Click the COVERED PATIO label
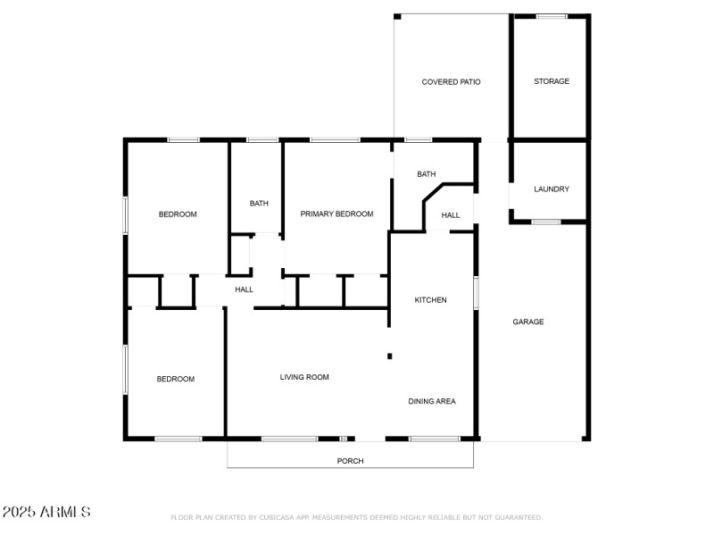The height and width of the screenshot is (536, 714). [451, 82]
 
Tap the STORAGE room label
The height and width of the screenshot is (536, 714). [552, 81]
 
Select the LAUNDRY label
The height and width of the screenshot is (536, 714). [552, 189]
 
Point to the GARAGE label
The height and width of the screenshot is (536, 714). [528, 322]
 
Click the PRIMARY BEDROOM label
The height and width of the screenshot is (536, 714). [336, 214]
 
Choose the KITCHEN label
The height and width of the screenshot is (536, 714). [430, 300]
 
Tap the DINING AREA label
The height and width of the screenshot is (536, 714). [432, 402]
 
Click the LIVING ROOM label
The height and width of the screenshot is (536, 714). [304, 377]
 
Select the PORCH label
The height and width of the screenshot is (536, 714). [350, 461]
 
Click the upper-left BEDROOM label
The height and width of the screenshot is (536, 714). [178, 214]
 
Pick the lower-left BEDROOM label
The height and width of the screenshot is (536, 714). [176, 380]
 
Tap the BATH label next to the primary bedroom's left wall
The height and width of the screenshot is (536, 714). [259, 204]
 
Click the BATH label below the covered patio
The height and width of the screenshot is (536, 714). [427, 174]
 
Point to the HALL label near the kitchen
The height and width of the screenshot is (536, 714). [451, 215]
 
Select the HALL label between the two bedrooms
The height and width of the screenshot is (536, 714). [244, 289]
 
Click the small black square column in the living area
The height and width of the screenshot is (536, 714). [389, 356]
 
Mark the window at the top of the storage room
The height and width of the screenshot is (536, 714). [551, 16]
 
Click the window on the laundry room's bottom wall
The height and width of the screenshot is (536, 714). [546, 222]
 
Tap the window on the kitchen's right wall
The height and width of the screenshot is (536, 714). [476, 293]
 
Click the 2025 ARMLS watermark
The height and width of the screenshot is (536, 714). [46, 512]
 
